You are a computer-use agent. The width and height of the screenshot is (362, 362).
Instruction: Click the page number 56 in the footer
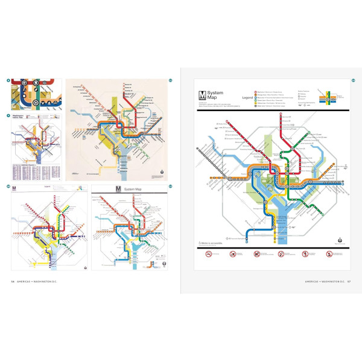[13, 281]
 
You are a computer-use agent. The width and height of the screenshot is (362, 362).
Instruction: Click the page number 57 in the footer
[349, 281]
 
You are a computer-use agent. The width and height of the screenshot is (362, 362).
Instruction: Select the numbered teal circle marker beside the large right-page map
[354, 72]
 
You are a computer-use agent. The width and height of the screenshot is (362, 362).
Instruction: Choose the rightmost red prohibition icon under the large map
[329, 254]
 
